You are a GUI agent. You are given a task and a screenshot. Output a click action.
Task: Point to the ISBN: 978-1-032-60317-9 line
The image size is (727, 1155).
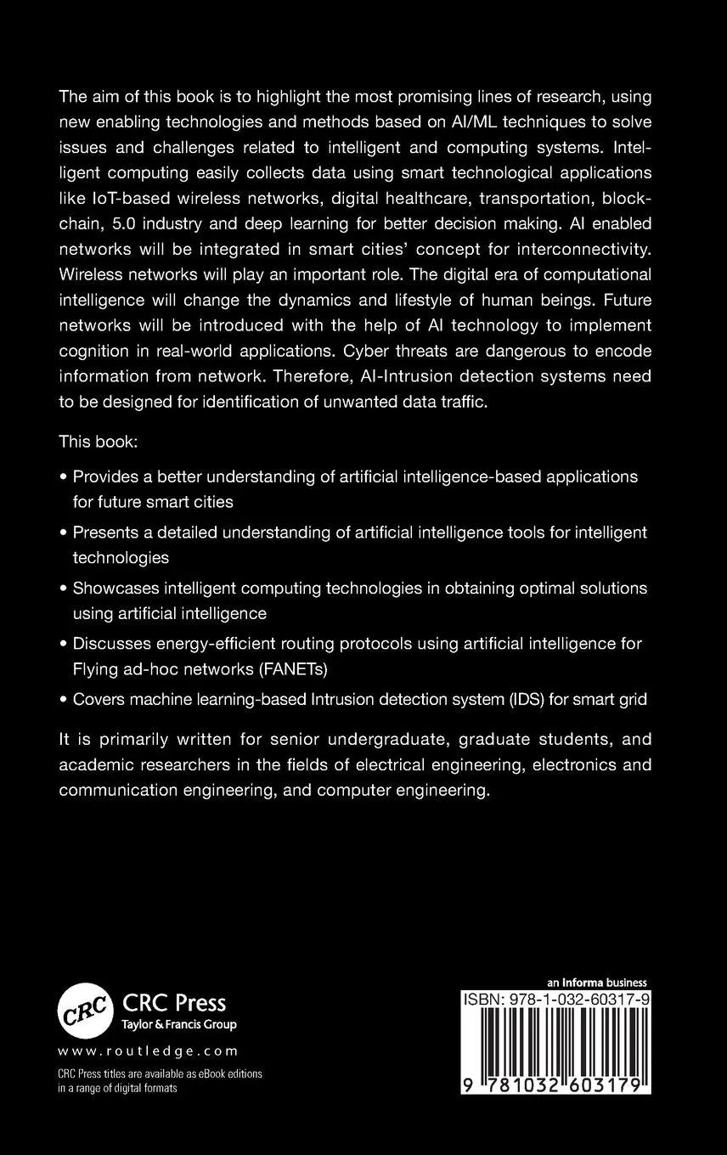(556, 1000)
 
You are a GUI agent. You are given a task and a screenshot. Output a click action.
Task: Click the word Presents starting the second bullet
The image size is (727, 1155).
(107, 532)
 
